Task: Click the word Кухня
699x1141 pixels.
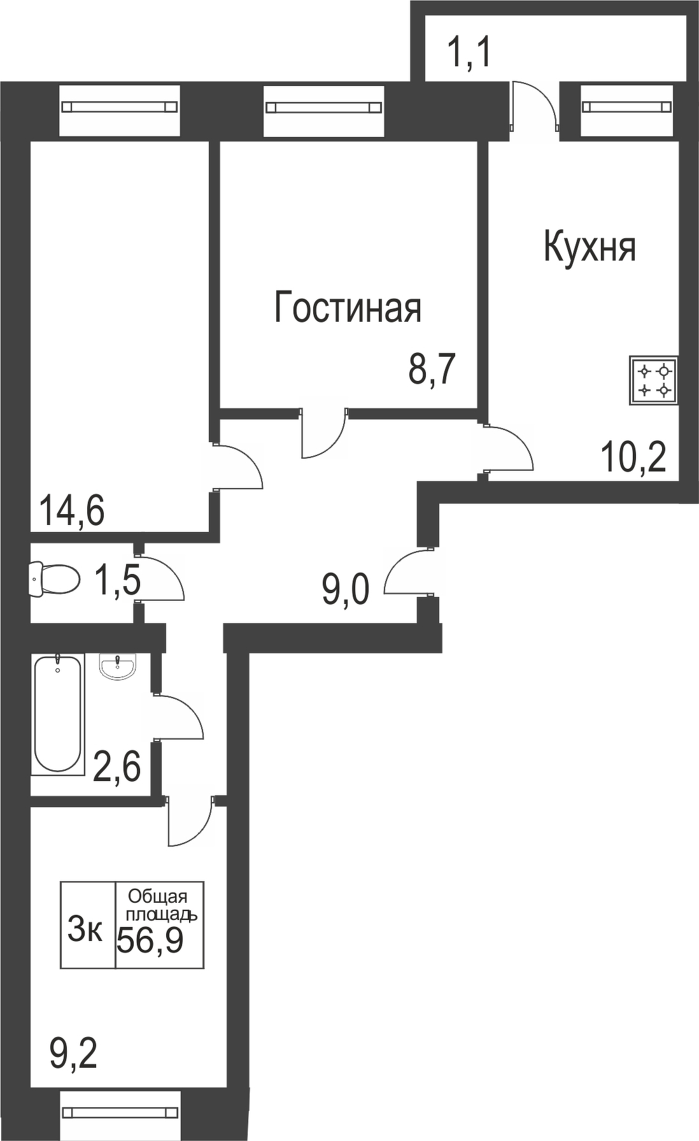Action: pos(590,248)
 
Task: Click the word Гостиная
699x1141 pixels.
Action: pos(348,308)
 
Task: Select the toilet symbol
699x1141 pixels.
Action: pos(55,579)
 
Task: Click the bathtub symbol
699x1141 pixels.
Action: pos(58,713)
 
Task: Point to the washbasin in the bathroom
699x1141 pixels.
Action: pos(117,668)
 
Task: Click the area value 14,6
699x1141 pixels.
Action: pos(71,511)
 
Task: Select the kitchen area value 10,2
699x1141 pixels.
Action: pos(634,457)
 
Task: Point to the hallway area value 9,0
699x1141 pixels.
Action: pos(346,591)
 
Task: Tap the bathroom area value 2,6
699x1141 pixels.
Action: pos(117,766)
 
